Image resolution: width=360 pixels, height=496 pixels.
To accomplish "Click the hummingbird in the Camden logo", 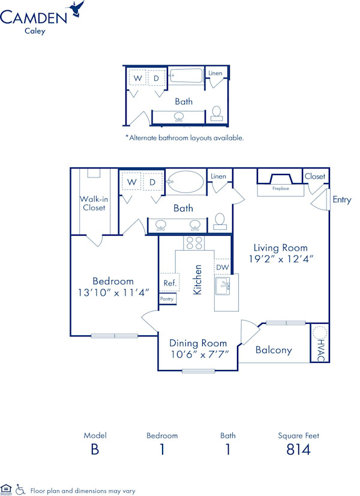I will click(76, 8).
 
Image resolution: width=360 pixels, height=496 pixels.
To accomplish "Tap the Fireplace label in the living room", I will click(281, 188).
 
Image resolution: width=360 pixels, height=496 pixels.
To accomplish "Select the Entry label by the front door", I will click(342, 200).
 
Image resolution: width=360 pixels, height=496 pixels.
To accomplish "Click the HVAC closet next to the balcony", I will click(320, 342).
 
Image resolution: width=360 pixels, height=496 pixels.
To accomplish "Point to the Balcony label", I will click(274, 350).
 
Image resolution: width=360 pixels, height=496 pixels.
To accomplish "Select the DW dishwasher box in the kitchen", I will click(222, 267).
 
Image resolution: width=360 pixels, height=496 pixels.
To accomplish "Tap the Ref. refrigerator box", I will click(169, 282).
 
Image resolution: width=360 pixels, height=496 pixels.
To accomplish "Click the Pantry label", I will click(167, 298).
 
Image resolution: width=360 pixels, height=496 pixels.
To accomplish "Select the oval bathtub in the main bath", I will click(185, 182).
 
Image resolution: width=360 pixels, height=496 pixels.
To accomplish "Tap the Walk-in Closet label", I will click(94, 203).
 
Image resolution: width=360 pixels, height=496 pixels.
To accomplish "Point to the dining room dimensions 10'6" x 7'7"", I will click(199, 354).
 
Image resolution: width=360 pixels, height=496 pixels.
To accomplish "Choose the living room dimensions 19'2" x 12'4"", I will click(280, 259).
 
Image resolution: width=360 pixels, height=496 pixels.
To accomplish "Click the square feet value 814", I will click(298, 449).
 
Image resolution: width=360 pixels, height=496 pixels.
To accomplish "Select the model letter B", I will click(95, 449).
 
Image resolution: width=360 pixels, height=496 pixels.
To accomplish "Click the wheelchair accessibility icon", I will click(20, 489).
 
